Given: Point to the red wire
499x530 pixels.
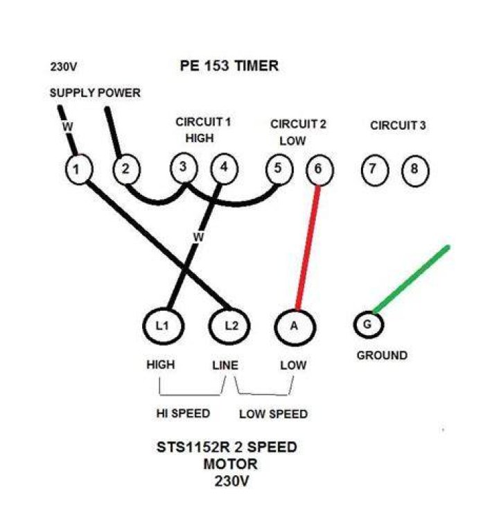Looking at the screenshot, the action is (308, 248).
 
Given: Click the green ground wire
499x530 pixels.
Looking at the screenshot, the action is (411, 279).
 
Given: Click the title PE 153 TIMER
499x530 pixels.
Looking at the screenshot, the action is (229, 66).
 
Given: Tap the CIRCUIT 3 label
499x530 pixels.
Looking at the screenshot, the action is (398, 126).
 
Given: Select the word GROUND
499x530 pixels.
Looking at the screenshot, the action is (382, 356).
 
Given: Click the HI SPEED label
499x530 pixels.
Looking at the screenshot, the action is (183, 413).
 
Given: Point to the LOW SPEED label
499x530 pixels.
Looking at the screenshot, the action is (273, 414).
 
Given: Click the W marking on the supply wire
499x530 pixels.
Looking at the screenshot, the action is (67, 127).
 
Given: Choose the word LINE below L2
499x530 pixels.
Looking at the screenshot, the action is (225, 366).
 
